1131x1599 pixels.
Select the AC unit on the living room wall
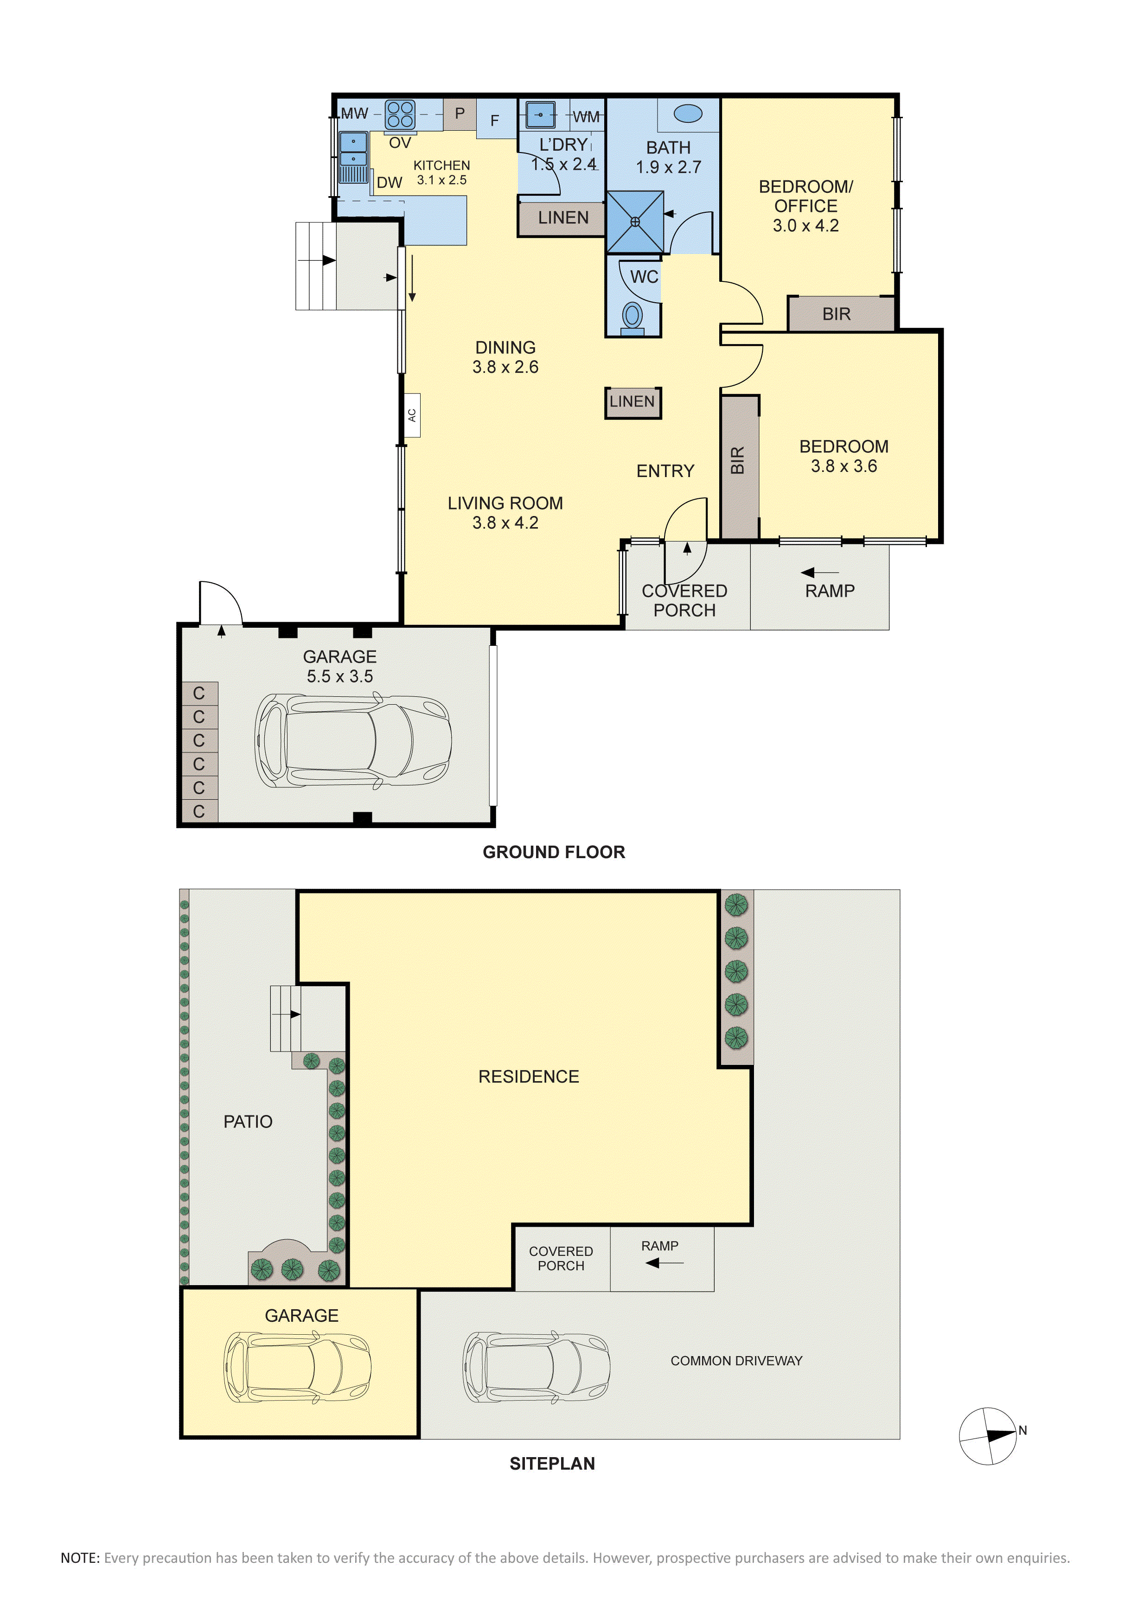(x=412, y=415)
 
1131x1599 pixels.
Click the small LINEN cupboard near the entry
(x=633, y=402)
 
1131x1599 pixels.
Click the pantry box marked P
(x=460, y=113)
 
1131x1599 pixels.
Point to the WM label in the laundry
(x=587, y=117)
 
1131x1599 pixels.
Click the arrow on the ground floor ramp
(x=819, y=573)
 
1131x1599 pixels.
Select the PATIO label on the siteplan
(x=248, y=1121)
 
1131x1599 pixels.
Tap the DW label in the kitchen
(x=390, y=183)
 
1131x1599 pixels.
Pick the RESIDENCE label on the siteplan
(x=529, y=1077)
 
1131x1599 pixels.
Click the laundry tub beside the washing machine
(x=540, y=114)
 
